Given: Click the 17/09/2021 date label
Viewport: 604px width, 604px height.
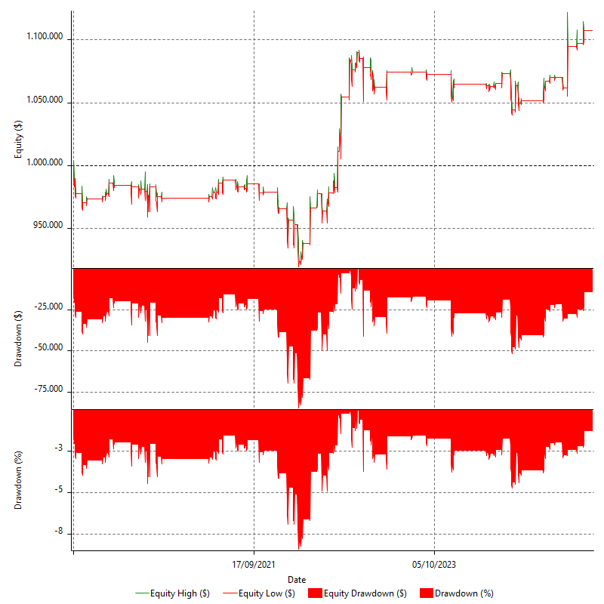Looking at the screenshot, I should coord(254,564).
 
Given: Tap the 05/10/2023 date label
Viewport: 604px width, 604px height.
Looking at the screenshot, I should coord(434,564).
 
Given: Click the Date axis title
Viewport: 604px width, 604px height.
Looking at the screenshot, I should coord(297,579).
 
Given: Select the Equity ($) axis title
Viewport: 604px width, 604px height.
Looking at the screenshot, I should coord(18,140).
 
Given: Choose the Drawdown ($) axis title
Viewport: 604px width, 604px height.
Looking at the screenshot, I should coord(18,339).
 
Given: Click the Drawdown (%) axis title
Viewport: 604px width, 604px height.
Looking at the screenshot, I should coord(18,480).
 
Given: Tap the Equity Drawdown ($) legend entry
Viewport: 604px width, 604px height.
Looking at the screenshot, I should coord(359,593).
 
